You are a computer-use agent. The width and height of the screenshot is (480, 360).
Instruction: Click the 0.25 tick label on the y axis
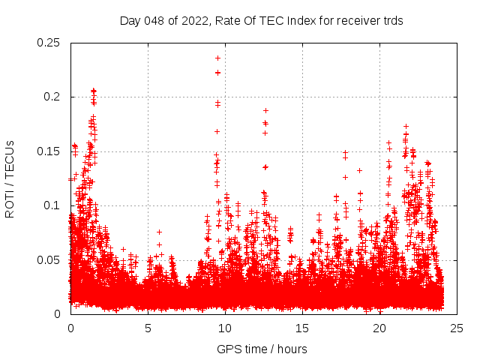tap(49, 43)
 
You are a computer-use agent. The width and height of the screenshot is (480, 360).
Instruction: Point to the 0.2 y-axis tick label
tap(52, 97)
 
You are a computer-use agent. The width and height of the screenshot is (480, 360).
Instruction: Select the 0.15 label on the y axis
tap(49, 151)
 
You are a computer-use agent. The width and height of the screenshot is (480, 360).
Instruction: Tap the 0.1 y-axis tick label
tap(52, 205)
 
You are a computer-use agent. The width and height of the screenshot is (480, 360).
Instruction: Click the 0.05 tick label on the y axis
tap(49, 259)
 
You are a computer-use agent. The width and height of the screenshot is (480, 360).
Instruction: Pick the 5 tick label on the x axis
tap(148, 328)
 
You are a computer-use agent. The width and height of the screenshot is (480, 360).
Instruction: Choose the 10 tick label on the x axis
tap(225, 328)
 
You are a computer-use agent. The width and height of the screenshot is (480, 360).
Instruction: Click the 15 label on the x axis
tap(303, 328)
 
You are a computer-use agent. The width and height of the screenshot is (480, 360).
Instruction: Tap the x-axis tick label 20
tap(380, 328)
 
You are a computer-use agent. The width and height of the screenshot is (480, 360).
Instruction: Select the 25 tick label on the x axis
tap(457, 328)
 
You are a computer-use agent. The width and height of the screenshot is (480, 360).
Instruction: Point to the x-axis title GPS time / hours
tap(262, 349)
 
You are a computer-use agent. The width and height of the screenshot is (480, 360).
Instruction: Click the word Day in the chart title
tap(130, 21)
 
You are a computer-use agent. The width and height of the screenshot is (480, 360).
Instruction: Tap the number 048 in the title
tap(156, 21)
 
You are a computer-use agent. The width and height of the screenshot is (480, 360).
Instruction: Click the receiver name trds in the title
tap(391, 21)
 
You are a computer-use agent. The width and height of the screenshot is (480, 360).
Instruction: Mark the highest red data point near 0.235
tap(217, 58)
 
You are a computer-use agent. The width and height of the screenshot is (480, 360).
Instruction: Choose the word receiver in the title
tap(352, 21)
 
